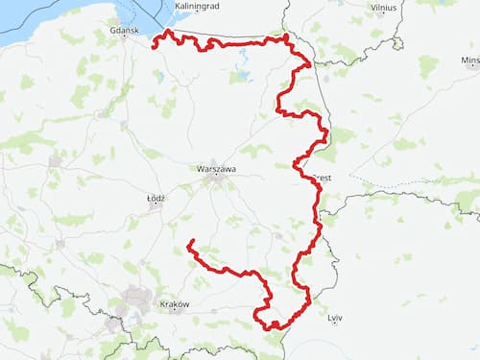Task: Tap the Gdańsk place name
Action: tap(126, 31)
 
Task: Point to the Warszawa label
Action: tap(216, 168)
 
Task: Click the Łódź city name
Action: tap(156, 198)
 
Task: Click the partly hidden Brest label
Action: tap(324, 178)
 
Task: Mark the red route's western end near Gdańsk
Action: tap(156, 42)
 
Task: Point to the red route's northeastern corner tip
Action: tap(286, 36)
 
